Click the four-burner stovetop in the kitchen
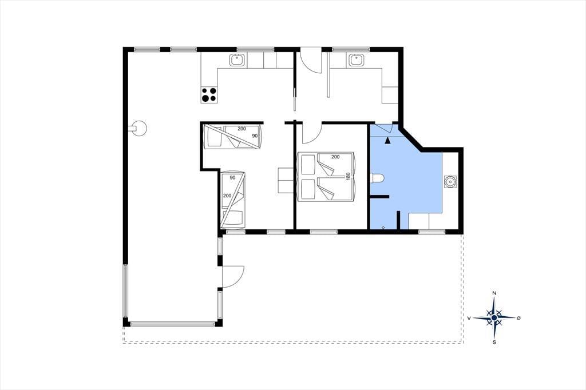(209, 94)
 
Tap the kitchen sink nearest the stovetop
(237, 60)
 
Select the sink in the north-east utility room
(357, 60)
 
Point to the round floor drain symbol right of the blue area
(450, 181)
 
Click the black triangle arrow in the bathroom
(387, 141)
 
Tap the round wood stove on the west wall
(139, 129)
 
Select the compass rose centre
(494, 317)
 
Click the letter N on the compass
(494, 293)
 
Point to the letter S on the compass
(494, 342)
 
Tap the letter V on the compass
(469, 318)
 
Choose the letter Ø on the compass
(518, 318)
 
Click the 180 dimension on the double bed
(348, 176)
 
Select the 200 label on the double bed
(335, 157)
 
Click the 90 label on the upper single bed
(255, 136)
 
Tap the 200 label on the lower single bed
(227, 196)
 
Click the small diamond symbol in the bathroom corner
(383, 227)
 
